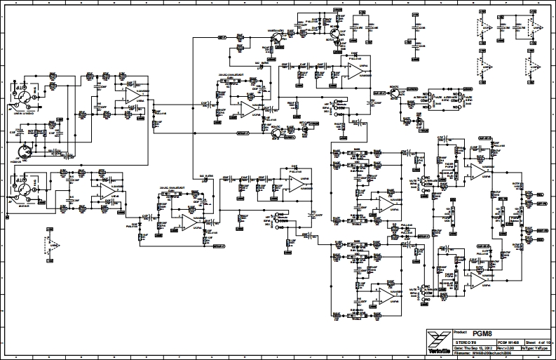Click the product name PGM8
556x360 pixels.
click(481, 334)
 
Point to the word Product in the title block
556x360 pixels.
click(461, 331)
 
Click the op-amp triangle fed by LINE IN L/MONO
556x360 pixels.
click(131, 98)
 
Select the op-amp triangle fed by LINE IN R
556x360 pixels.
click(107, 192)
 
